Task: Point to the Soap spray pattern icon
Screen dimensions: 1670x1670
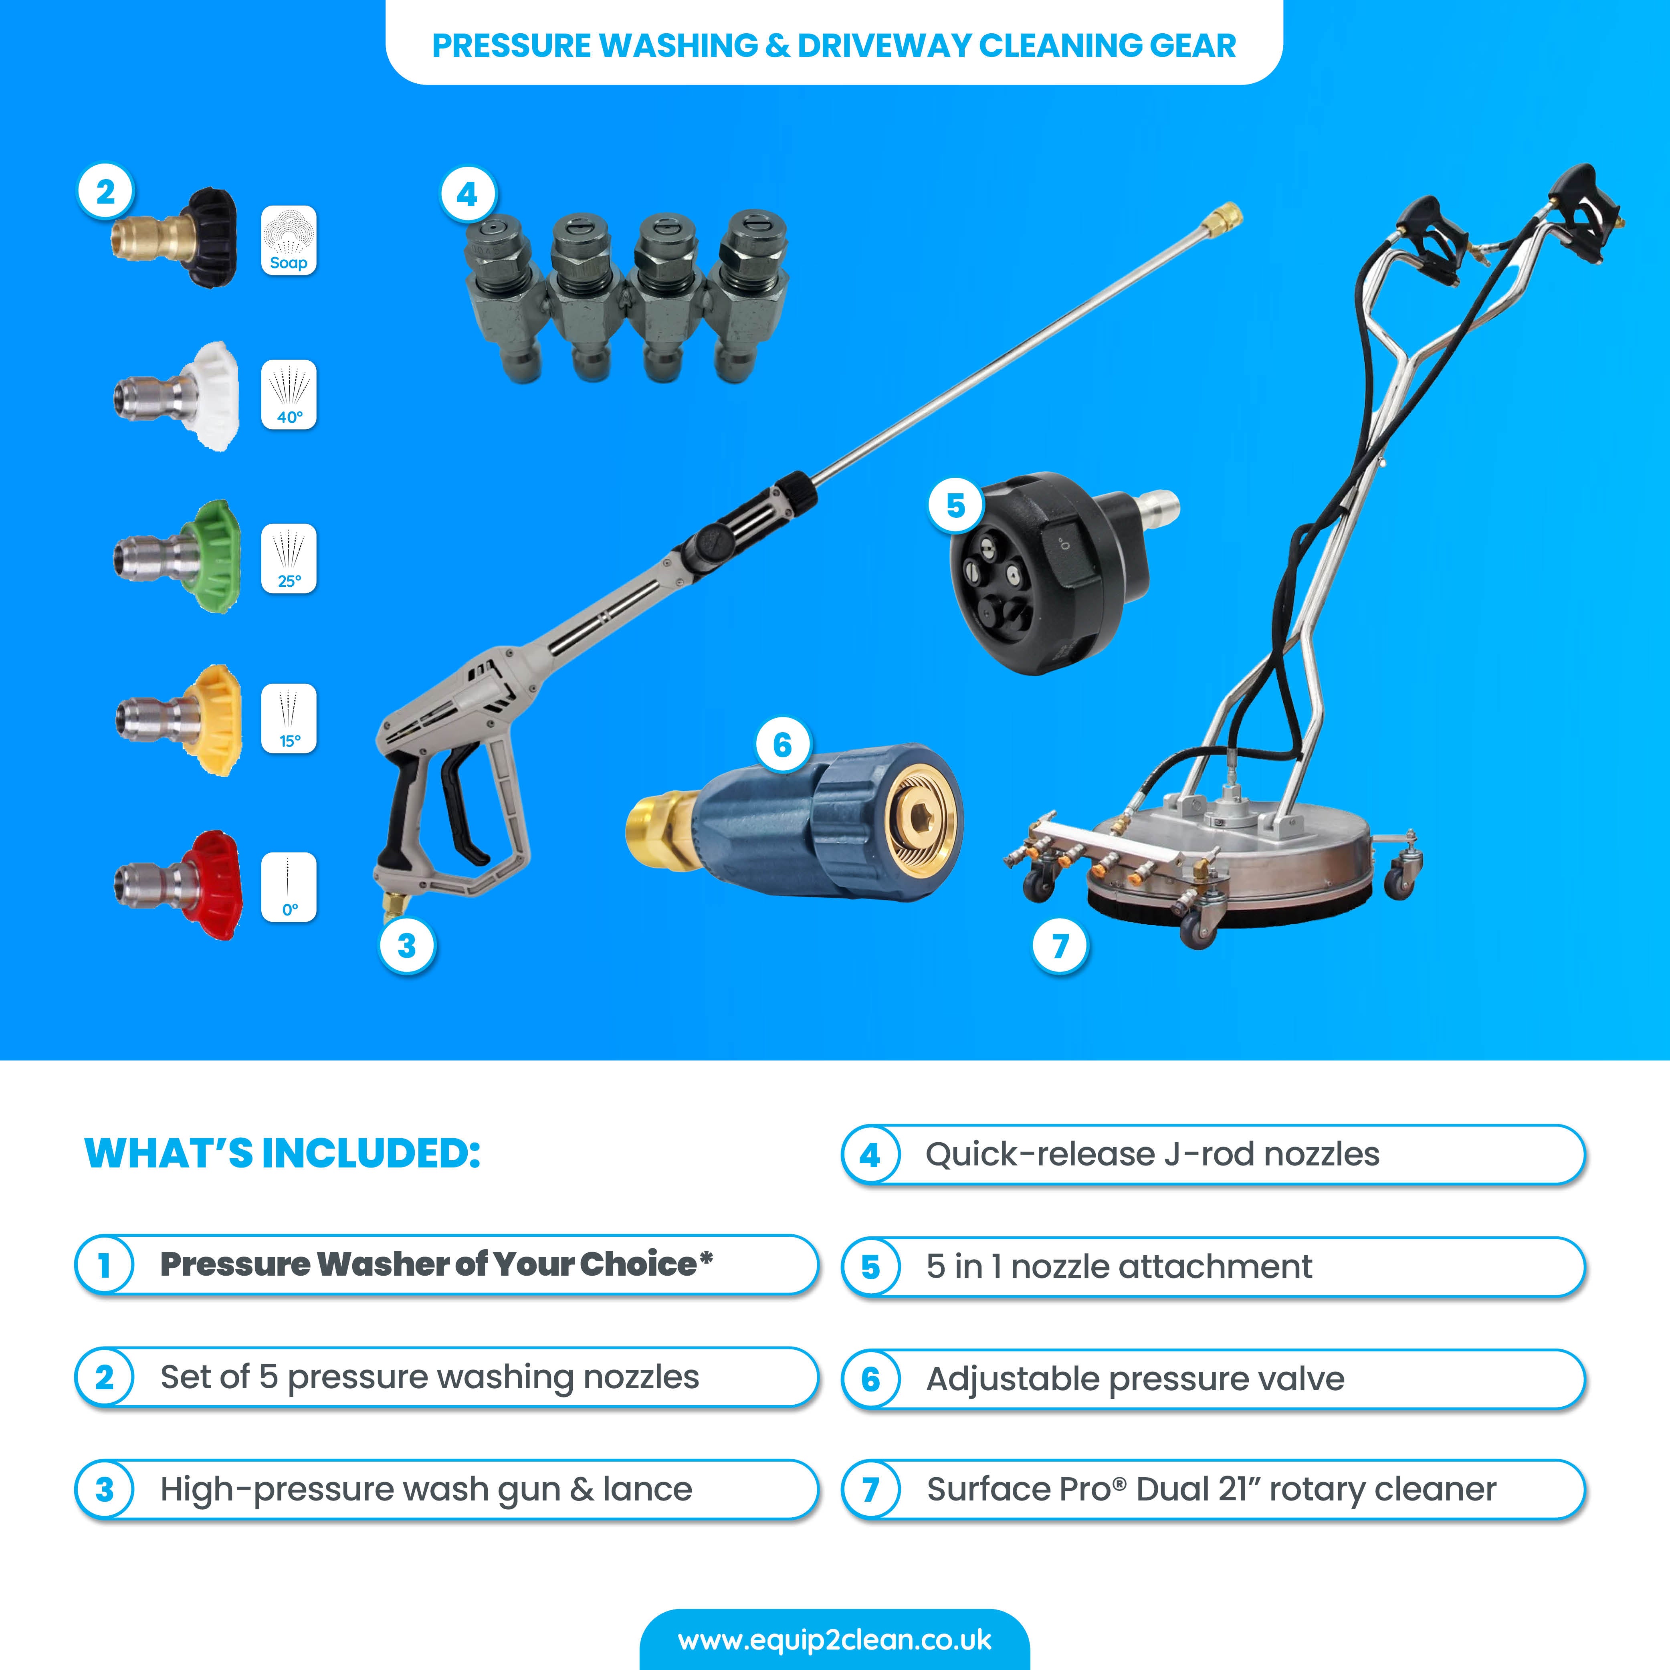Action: (x=289, y=241)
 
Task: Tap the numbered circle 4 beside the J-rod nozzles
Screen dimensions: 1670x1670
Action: (x=467, y=194)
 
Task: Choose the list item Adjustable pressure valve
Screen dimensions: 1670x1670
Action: (x=1135, y=1379)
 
